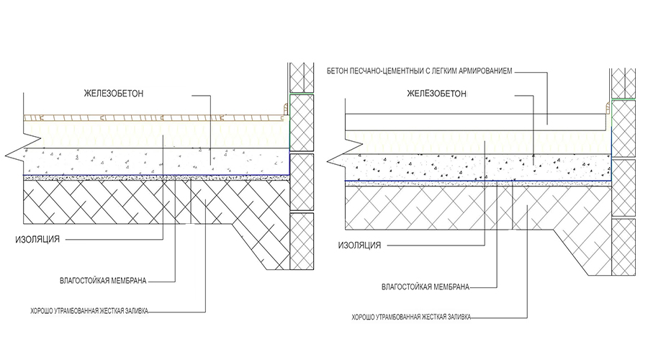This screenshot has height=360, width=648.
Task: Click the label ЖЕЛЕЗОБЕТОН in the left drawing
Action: [114, 94]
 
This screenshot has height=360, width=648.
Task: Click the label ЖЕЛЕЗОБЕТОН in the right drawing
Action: [437, 94]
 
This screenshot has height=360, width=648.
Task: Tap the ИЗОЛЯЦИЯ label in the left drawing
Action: [37, 239]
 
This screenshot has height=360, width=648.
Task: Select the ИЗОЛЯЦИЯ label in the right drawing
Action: [359, 246]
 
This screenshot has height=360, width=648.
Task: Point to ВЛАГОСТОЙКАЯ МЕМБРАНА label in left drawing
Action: [103, 281]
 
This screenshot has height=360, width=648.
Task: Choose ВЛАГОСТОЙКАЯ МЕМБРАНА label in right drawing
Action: [426, 287]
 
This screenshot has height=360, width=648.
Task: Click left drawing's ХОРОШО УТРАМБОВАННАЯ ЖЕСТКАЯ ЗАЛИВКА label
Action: [89, 311]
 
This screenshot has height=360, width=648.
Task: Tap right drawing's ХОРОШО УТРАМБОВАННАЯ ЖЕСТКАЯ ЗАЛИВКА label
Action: [411, 317]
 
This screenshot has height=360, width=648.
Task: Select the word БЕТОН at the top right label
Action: [338, 71]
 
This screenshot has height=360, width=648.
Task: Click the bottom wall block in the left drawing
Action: [302, 241]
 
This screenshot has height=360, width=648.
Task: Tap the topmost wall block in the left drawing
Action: [302, 77]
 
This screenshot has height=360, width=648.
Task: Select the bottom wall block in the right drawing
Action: [624, 247]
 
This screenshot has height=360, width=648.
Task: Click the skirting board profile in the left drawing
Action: [286, 109]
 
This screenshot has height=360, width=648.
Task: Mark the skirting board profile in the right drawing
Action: [608, 109]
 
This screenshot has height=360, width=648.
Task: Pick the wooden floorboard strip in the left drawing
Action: [153, 117]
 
